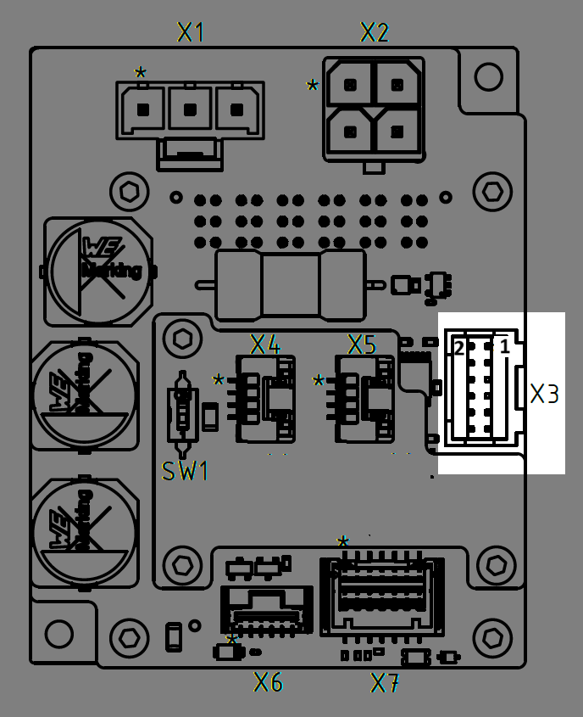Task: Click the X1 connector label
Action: (x=191, y=33)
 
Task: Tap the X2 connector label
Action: (x=375, y=33)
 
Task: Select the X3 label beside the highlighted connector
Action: (x=545, y=395)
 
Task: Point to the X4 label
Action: (x=264, y=344)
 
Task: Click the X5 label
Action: (x=362, y=344)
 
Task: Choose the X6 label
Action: (x=269, y=681)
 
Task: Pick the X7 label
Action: (x=386, y=681)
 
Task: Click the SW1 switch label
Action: (x=185, y=472)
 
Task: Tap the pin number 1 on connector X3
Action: (x=504, y=346)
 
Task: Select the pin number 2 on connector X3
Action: (x=459, y=348)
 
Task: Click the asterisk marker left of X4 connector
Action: (x=219, y=381)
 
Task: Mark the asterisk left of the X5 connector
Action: (x=319, y=381)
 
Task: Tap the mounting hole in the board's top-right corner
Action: (x=488, y=77)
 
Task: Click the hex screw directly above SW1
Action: (x=181, y=339)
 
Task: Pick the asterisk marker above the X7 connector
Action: (x=343, y=542)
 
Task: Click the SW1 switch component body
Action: (x=182, y=414)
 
